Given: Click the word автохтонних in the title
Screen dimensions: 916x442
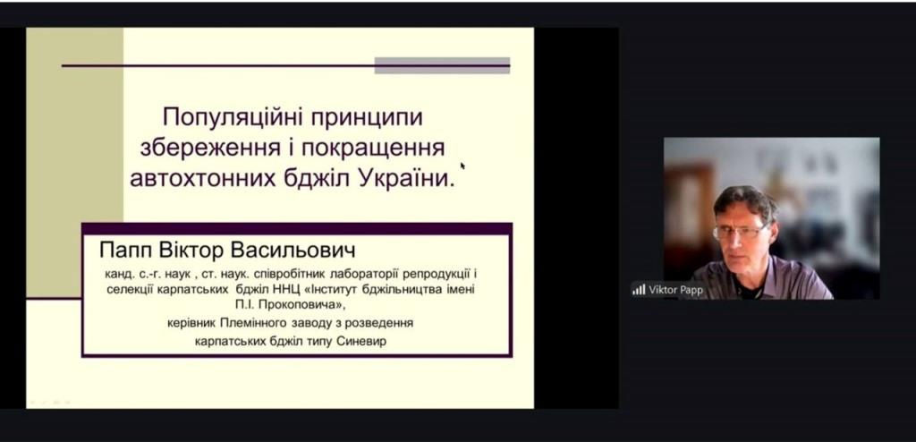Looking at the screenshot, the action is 202,178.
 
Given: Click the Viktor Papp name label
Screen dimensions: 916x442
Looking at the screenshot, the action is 676,290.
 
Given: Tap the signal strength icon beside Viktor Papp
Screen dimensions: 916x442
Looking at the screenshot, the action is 639,289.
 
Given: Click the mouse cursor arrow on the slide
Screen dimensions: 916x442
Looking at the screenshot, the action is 462,166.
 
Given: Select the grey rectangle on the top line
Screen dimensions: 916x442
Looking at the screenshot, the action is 442,65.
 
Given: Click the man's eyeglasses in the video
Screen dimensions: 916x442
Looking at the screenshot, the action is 740,233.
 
